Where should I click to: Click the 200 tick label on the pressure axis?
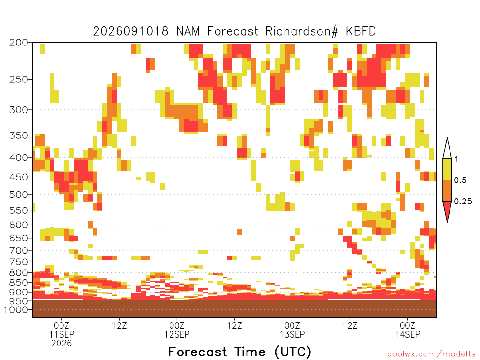point(18,43)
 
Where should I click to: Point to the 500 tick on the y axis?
point(18,195)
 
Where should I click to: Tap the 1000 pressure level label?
point(15,310)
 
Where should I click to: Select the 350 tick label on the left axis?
point(18,135)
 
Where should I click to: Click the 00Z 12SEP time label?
point(177,330)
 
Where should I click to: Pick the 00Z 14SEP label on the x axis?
point(408,330)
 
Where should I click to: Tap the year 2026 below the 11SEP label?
point(61,344)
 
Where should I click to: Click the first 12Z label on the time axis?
point(119,325)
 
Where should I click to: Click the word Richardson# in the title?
point(302,31)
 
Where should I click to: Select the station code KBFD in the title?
point(361,31)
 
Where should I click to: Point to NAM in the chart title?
point(188,31)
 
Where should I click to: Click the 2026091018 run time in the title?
point(131,31)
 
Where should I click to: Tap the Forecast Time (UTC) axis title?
point(240,352)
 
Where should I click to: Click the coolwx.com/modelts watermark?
point(432,354)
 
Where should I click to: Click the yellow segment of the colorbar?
point(447,170)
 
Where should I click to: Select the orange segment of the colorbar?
point(447,190)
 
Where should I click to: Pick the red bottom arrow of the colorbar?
point(447,210)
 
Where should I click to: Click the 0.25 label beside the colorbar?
point(463,202)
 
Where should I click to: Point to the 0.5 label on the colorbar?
point(460,180)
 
